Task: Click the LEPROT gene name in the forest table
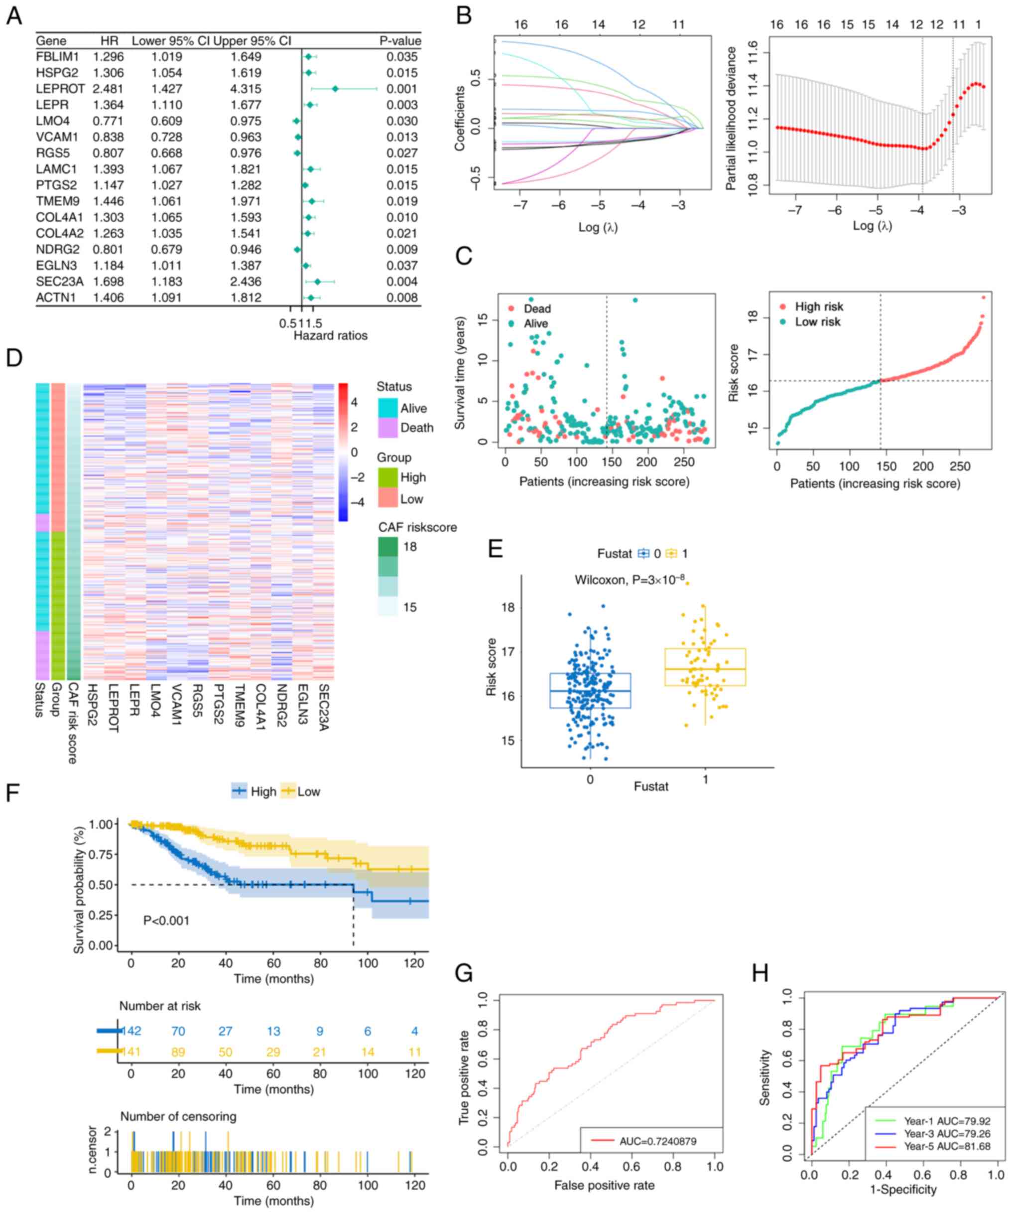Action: point(60,89)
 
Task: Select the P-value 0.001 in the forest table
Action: point(402,89)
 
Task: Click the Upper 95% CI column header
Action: point(252,41)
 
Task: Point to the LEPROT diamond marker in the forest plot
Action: point(335,89)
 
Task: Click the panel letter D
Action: point(14,358)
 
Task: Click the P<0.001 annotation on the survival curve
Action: point(166,920)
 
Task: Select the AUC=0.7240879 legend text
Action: point(657,1141)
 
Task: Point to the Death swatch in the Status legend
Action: point(387,428)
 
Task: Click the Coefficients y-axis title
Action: point(460,119)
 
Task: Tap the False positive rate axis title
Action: point(604,1185)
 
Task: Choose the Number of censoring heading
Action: point(178,1116)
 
